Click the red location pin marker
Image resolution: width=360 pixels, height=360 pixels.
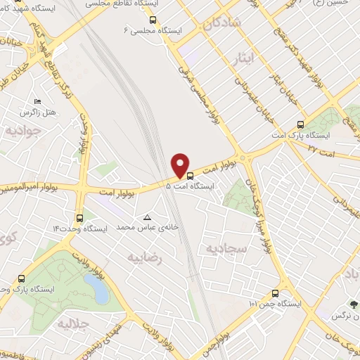(181, 165)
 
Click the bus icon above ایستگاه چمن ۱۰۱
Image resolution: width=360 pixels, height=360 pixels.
(274, 293)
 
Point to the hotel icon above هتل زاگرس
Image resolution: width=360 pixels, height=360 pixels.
(37, 102)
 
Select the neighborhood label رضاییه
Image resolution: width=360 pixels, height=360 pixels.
(144, 257)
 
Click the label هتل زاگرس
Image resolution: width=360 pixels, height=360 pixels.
(38, 112)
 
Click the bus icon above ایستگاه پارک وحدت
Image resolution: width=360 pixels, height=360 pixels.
(22, 278)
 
